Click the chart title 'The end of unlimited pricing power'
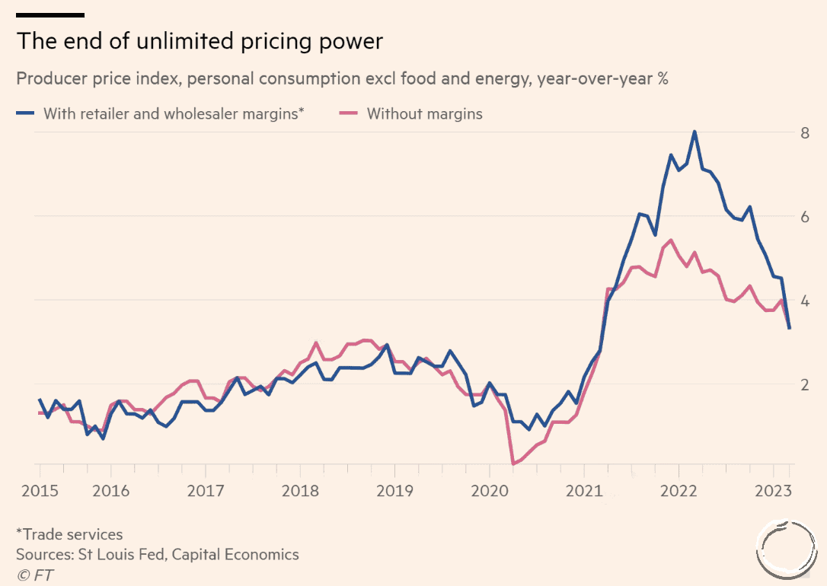pos(200,41)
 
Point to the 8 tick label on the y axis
pos(803,133)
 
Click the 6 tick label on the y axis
pos(803,217)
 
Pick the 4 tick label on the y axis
pos(803,301)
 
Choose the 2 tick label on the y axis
pos(803,384)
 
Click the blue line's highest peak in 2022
pos(694,132)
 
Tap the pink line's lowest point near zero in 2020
pos(513,463)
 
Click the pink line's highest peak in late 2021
pos(670,240)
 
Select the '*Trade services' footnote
pos(69,534)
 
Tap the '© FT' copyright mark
pos(35,575)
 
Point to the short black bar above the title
pos(50,15)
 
